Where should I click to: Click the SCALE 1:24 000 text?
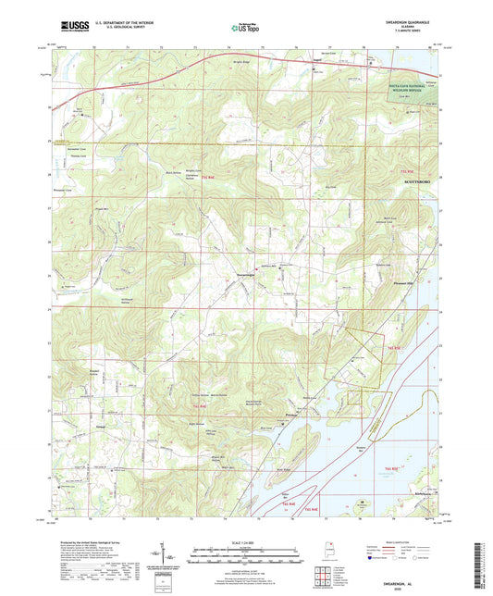246,541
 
